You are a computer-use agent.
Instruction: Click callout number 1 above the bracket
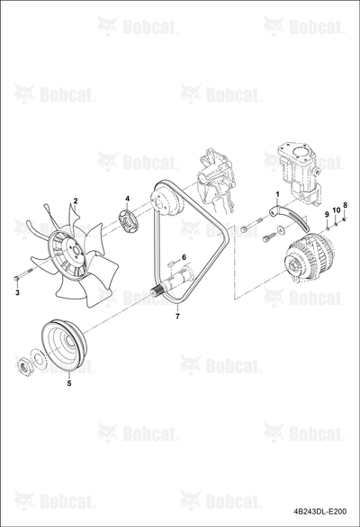pyautogui.click(x=277, y=194)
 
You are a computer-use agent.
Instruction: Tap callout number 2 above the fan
pyautogui.click(x=76, y=201)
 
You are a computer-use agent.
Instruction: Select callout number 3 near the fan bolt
pyautogui.click(x=17, y=292)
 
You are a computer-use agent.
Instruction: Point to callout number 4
pyautogui.click(x=127, y=199)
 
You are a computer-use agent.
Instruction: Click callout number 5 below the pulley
pyautogui.click(x=69, y=383)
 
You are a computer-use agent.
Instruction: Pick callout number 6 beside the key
pyautogui.click(x=184, y=257)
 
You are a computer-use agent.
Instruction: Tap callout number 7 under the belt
pyautogui.click(x=177, y=316)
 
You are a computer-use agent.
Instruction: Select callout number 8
pyautogui.click(x=345, y=205)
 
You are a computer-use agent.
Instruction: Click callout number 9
pyautogui.click(x=326, y=214)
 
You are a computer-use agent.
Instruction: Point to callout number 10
pyautogui.click(x=337, y=210)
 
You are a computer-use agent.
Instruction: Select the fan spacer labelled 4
pyautogui.click(x=127, y=220)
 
